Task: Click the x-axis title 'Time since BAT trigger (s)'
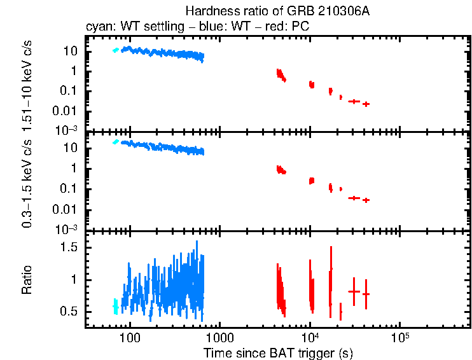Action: click(278, 352)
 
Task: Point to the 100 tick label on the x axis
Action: click(130, 338)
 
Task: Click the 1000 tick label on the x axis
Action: click(220, 338)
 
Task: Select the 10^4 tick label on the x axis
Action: click(310, 338)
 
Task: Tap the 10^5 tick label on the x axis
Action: click(399, 338)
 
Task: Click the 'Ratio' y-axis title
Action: click(27, 280)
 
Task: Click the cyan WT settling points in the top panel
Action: click(115, 50)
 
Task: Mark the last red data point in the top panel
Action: click(366, 104)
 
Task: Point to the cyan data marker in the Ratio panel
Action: click(115, 307)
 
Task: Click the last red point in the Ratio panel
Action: click(366, 294)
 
